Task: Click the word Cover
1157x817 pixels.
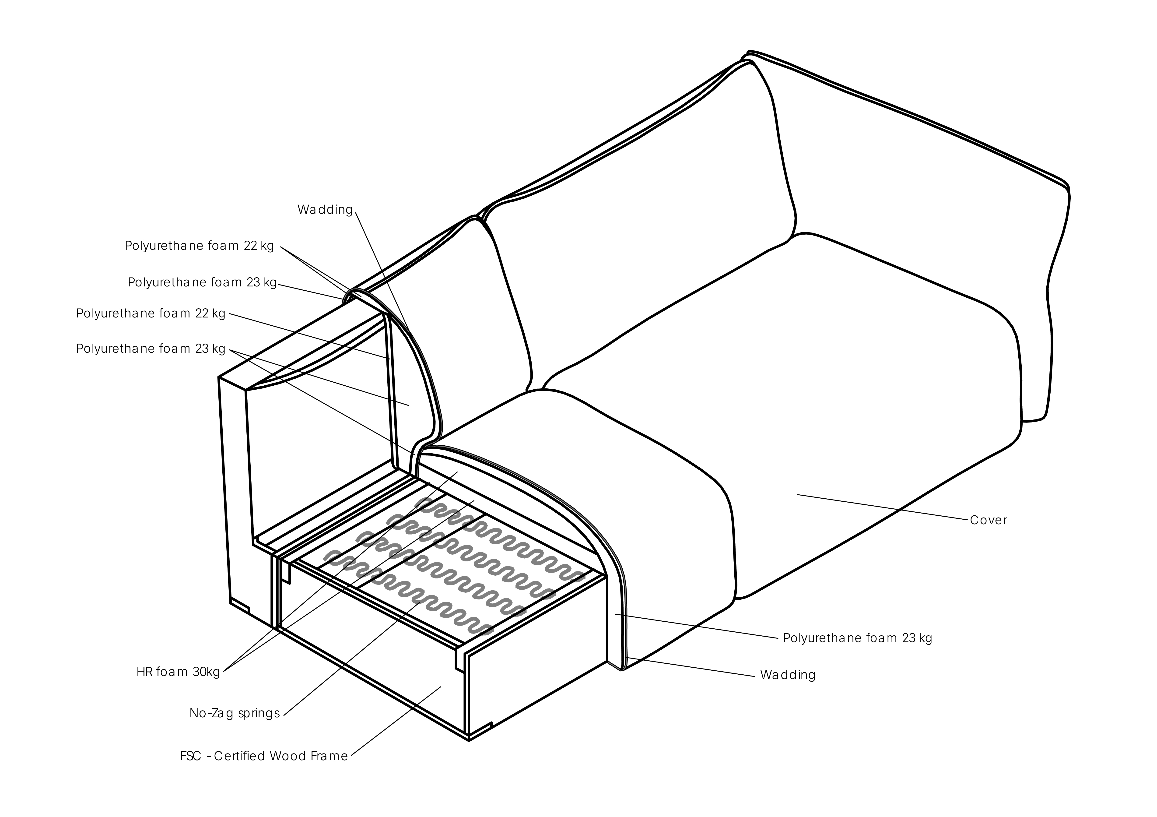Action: coord(988,520)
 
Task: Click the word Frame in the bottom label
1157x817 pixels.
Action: coord(329,756)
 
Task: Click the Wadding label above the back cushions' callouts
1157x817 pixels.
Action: coord(325,210)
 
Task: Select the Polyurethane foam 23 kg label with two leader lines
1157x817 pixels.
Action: coord(151,349)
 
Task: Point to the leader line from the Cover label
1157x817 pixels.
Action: coord(883,507)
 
